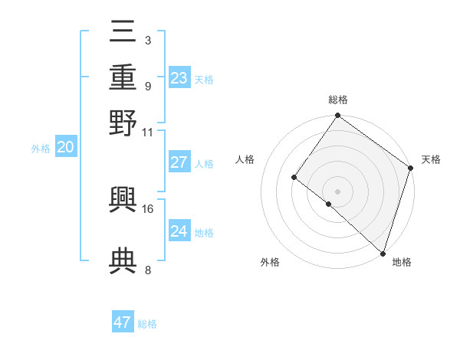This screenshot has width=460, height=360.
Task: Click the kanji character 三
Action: point(123,33)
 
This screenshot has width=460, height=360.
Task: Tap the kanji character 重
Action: point(123,77)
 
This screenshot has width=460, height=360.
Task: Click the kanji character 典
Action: point(123,260)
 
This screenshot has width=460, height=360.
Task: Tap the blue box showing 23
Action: point(179,78)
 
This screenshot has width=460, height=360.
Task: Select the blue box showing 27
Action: point(179,162)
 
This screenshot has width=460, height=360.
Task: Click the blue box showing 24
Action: point(179,231)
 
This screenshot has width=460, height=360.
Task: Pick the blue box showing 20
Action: point(65,148)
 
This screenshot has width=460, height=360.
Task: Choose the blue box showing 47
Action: point(123,322)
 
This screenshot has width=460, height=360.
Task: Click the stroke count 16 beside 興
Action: point(148,208)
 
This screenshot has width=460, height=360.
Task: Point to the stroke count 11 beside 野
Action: point(148,132)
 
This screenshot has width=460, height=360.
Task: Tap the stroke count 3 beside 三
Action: point(147,41)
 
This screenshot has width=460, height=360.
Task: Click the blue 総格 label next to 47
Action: point(147,324)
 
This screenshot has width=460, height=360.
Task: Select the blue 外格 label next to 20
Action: point(41,149)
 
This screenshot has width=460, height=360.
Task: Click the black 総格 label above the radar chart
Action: point(338,100)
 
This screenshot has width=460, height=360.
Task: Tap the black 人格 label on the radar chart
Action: point(245,159)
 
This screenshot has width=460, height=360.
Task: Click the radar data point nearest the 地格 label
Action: point(383,253)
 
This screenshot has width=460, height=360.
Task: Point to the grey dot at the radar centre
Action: point(337,191)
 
